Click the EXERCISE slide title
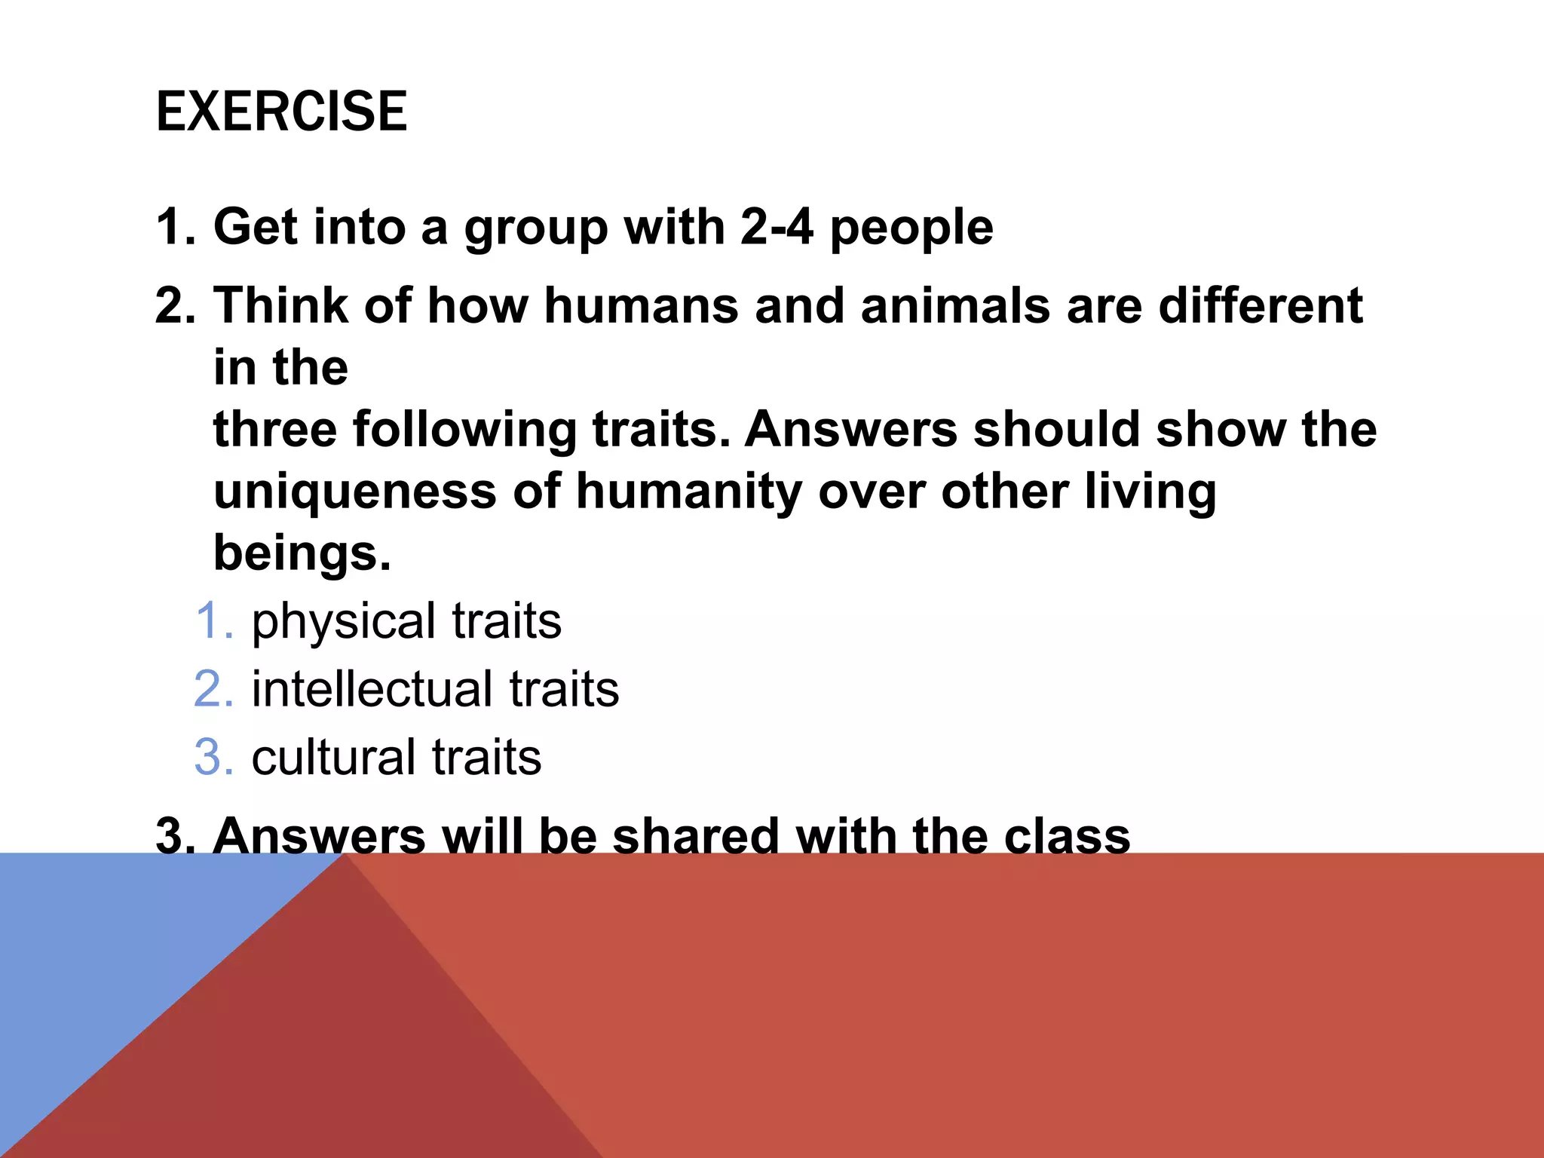(281, 112)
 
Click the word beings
(302, 554)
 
